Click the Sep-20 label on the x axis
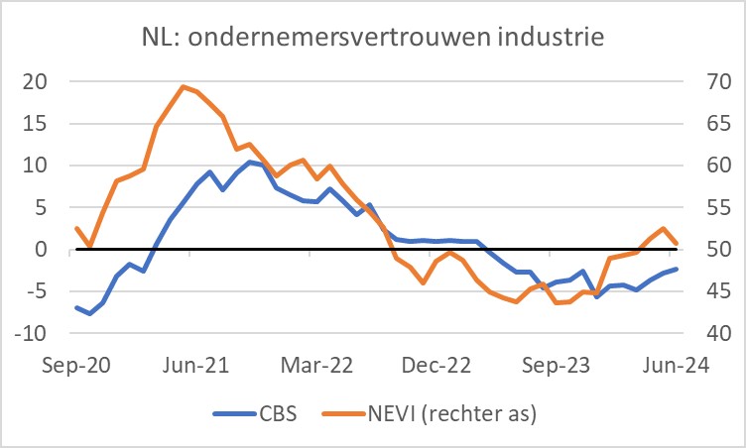(78, 365)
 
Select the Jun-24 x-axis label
(676, 365)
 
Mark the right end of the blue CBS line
(677, 269)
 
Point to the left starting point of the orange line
(77, 228)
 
